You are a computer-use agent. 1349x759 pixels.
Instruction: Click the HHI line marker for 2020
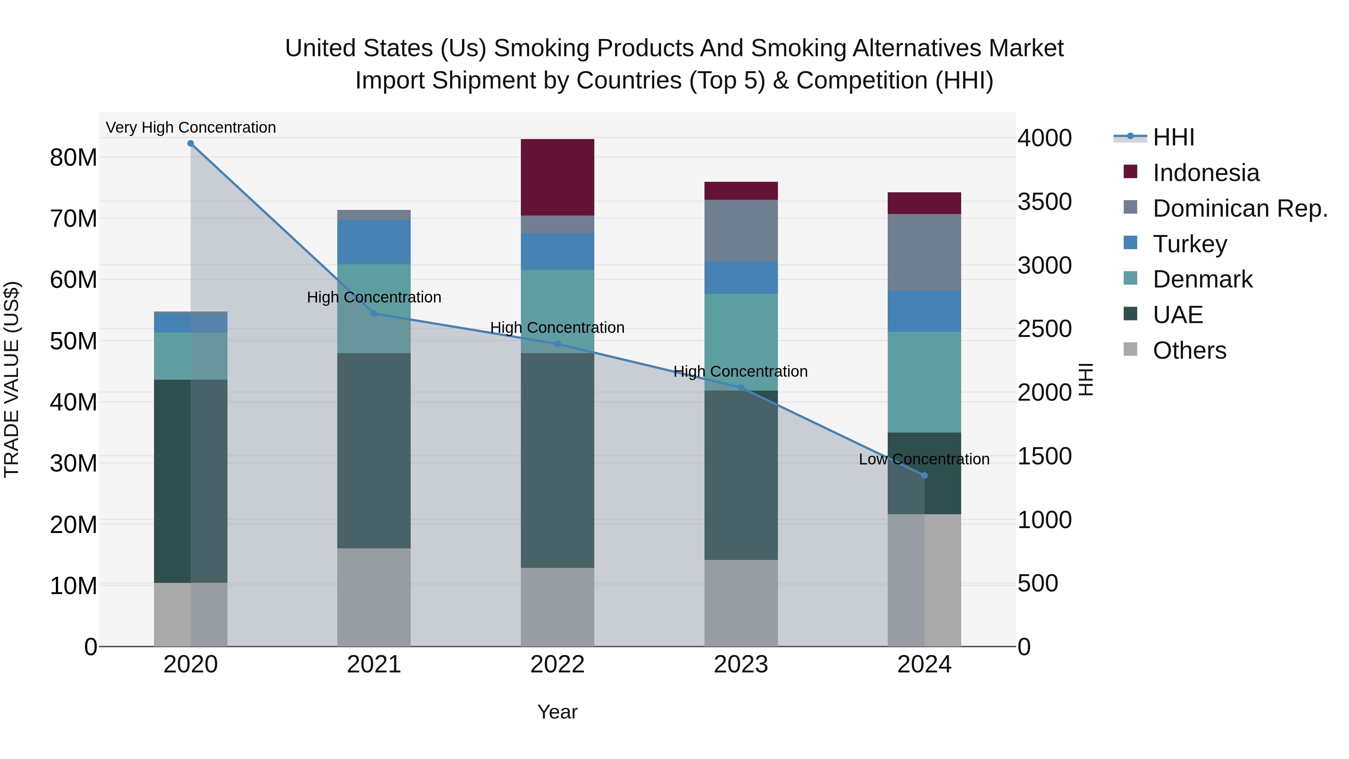(191, 144)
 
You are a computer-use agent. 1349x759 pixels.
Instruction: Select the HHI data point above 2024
(924, 476)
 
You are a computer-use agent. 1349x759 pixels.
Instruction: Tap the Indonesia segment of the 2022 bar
(557, 177)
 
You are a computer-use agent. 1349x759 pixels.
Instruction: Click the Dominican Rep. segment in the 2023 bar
(740, 231)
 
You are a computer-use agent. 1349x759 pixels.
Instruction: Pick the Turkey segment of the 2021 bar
(374, 242)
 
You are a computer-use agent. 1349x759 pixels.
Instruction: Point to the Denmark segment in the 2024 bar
(924, 382)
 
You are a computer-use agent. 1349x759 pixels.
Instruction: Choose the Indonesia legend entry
(1205, 173)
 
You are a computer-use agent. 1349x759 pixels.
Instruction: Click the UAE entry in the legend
(1178, 315)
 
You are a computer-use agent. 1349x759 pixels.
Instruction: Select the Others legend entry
(1189, 350)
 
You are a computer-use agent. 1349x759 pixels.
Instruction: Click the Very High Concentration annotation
(191, 127)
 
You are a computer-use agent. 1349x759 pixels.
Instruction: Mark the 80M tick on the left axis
(73, 157)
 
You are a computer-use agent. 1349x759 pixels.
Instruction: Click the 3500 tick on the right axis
(1044, 202)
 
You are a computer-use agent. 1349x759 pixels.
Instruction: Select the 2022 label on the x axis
(557, 665)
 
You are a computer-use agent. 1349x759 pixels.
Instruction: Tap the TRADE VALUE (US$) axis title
(12, 379)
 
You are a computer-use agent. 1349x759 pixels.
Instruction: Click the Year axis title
(557, 712)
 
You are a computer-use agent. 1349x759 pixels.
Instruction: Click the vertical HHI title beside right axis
(1087, 379)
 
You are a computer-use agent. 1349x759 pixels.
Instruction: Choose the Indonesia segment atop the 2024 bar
(924, 203)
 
